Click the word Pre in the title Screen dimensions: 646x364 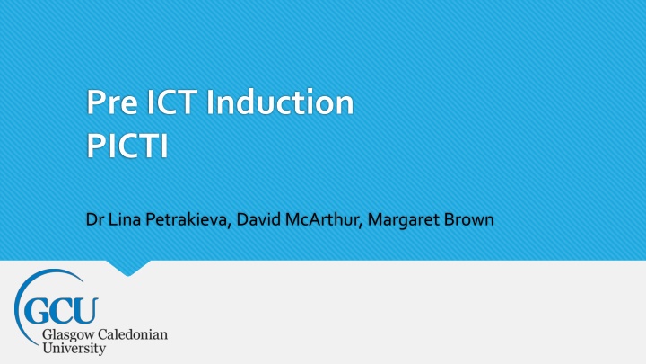pos(112,102)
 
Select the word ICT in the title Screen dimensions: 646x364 pos(170,102)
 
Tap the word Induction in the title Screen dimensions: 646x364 pos(280,102)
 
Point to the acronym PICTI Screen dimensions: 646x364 pos(127,146)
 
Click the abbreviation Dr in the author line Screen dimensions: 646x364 pos(95,219)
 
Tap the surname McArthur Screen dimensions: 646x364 pos(324,220)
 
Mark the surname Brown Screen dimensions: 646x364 pos(469,219)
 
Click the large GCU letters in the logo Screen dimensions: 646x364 pos(61,311)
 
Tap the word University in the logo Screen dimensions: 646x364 pos(74,349)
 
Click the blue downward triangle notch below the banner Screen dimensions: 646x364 pos(128,268)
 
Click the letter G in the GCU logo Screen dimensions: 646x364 pos(36,311)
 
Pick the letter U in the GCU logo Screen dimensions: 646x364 pos(85,311)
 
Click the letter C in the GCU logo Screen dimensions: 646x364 pos(61,311)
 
